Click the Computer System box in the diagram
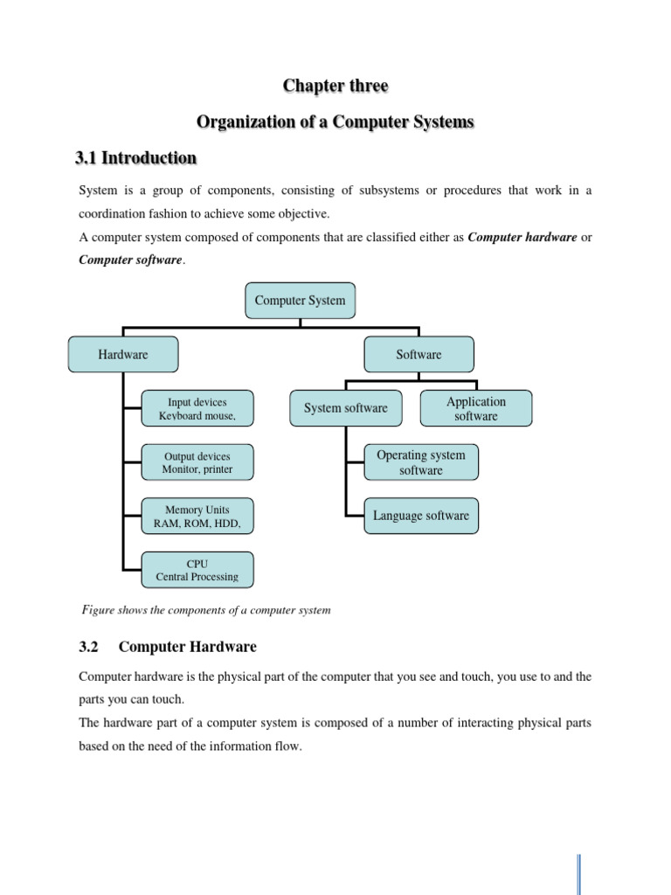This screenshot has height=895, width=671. pyautogui.click(x=300, y=301)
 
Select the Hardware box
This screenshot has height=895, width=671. pyautogui.click(x=123, y=355)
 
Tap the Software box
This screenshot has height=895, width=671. pyautogui.click(x=419, y=355)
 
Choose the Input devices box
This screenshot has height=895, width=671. pyautogui.click(x=197, y=408)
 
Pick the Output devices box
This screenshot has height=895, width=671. pyautogui.click(x=197, y=462)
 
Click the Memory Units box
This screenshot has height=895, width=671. pyautogui.click(x=197, y=517)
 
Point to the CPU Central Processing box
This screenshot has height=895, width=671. pyautogui.click(x=197, y=570)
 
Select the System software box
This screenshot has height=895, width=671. pyautogui.click(x=346, y=408)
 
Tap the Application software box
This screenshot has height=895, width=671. pyautogui.click(x=475, y=408)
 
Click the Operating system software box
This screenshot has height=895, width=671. pyautogui.click(x=421, y=462)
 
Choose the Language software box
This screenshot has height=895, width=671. pyautogui.click(x=421, y=516)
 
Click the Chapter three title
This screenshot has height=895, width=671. pyautogui.click(x=335, y=86)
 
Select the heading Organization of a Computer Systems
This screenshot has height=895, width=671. pyautogui.click(x=335, y=122)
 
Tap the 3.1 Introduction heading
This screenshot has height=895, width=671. pyautogui.click(x=137, y=158)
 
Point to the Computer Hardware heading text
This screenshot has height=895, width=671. pyautogui.click(x=187, y=647)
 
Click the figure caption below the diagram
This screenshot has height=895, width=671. pyautogui.click(x=206, y=609)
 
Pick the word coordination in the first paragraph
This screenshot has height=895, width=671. pyautogui.click(x=114, y=214)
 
